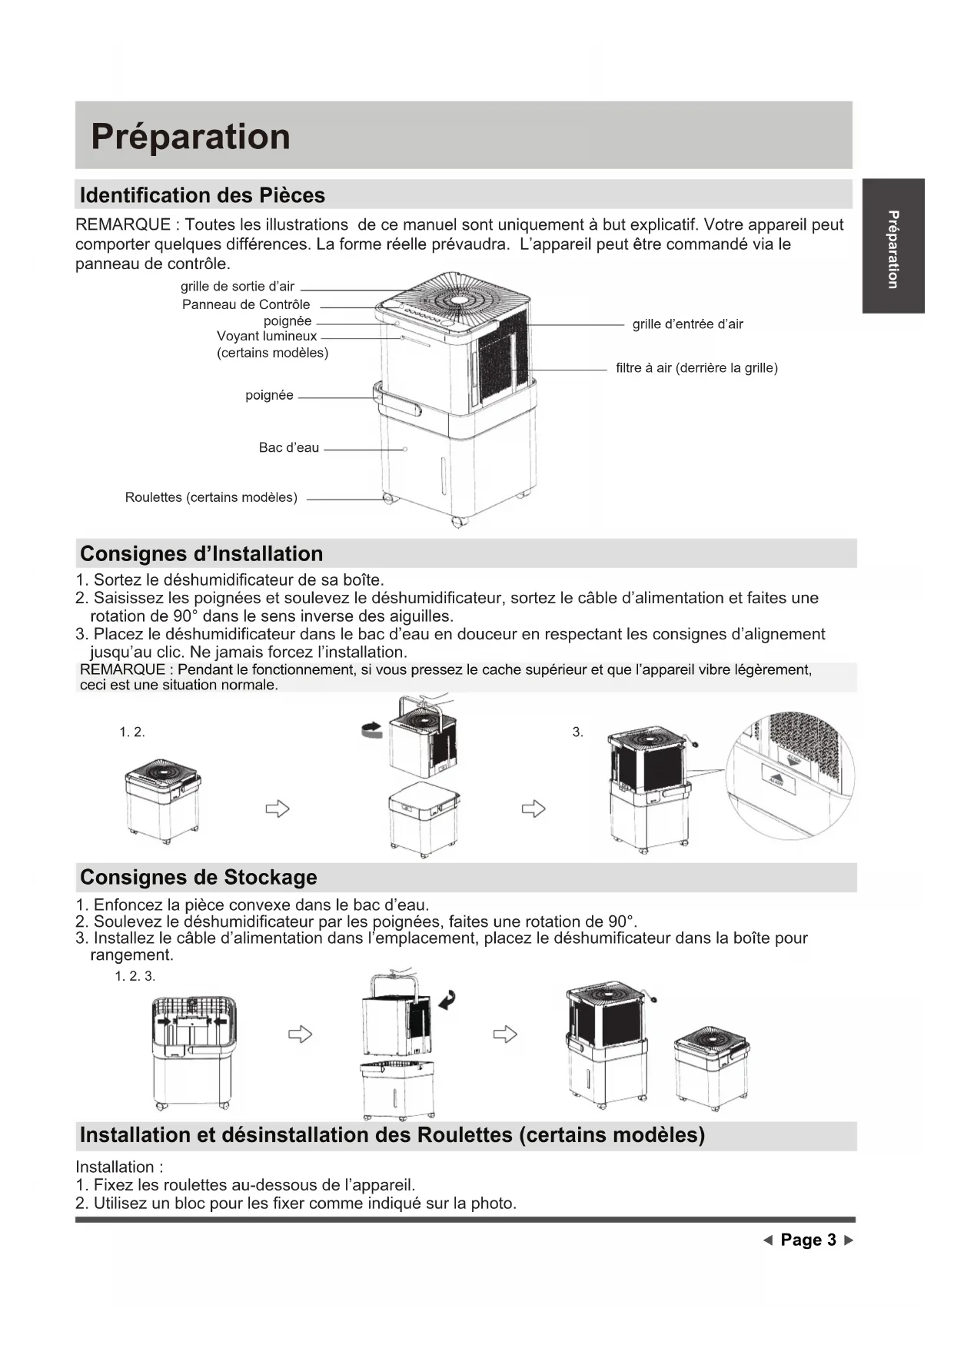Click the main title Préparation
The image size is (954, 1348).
191,137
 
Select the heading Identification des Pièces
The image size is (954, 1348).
202,195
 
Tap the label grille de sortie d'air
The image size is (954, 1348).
238,287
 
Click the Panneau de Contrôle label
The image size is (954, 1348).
246,304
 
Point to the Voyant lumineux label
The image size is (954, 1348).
267,337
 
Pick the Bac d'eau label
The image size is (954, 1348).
288,447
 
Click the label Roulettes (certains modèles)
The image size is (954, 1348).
211,497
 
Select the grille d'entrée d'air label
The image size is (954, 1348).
687,324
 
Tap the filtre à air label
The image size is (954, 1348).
696,368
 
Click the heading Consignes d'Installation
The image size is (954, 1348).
201,554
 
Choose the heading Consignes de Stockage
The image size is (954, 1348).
198,878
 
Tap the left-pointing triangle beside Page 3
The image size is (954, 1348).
767,1240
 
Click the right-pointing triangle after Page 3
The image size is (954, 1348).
849,1240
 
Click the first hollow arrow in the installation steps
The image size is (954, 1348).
277,808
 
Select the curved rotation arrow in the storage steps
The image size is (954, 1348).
446,1000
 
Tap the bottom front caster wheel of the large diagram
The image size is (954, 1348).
459,522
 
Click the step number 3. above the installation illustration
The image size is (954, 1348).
577,732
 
